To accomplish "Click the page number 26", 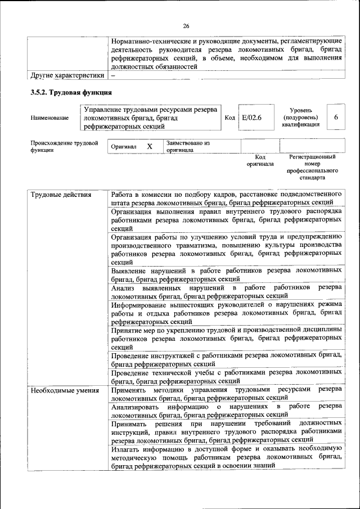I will [x=186, y=25].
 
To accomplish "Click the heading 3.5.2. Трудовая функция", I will [x=71, y=92].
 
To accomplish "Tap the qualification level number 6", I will [x=335, y=118].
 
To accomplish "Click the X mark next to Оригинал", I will [x=150, y=146].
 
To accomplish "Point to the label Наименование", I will [x=50, y=118].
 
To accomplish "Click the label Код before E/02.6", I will [x=229, y=118].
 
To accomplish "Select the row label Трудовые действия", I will [x=61, y=195].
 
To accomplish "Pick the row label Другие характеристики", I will [x=67, y=75].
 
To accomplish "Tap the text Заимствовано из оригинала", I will [x=188, y=146].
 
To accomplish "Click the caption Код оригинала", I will [x=260, y=161].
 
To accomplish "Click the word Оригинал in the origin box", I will [x=124, y=147].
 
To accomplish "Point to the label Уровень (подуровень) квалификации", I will [x=301, y=118].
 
